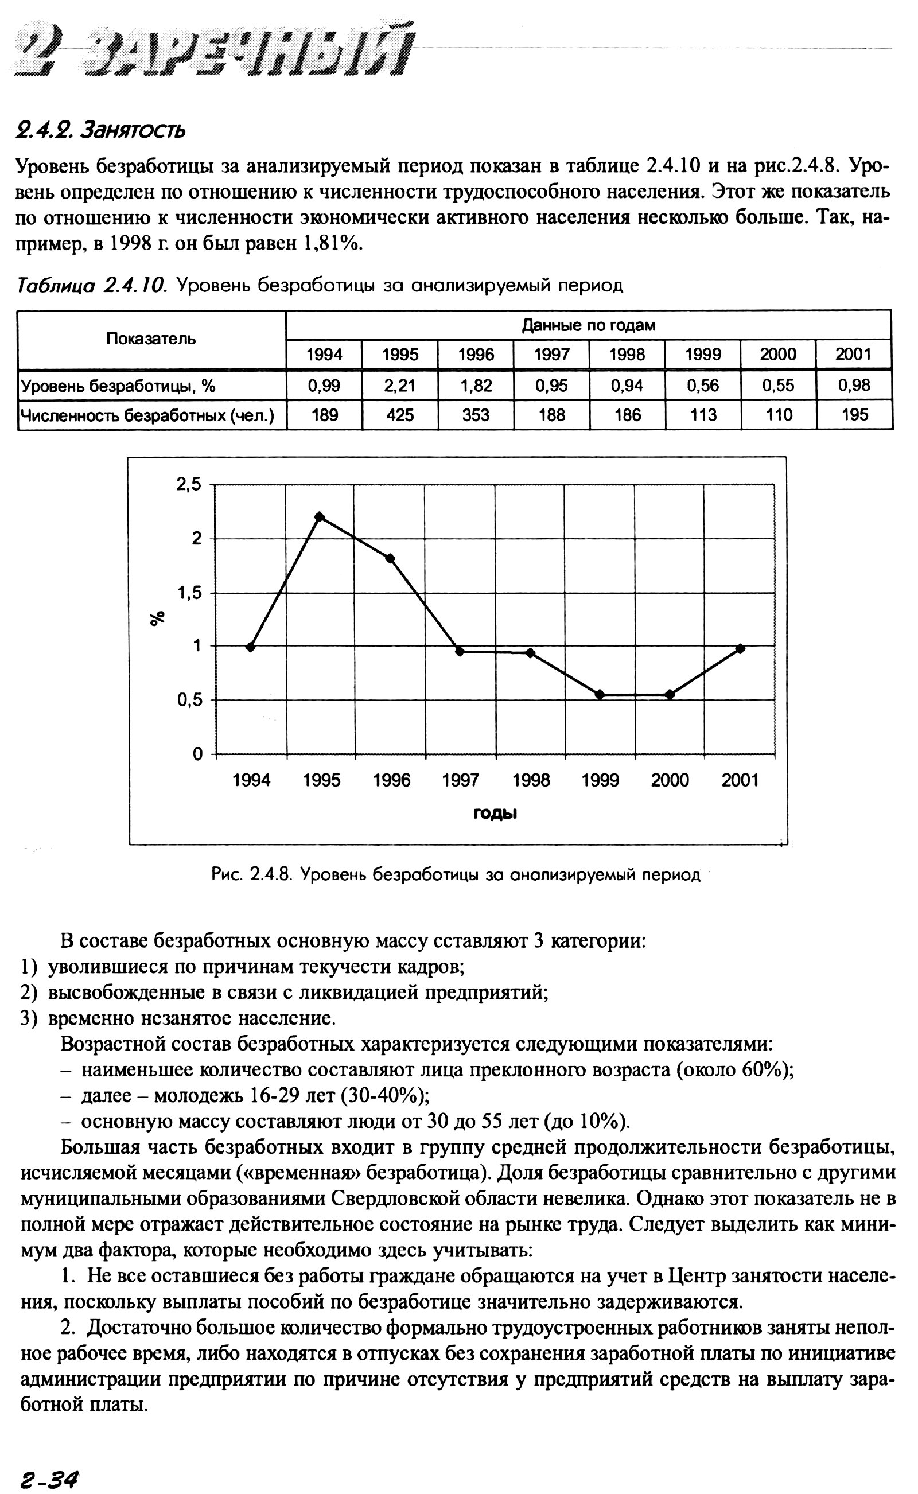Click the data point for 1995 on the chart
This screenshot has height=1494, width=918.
coord(320,516)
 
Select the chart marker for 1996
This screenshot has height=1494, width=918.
coord(390,558)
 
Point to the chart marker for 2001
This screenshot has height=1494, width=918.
coord(740,648)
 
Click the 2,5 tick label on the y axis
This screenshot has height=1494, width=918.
coord(188,484)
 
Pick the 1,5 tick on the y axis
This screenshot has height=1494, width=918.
coord(189,593)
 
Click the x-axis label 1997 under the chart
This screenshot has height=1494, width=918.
coord(461,780)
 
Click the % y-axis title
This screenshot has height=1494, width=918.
coord(158,618)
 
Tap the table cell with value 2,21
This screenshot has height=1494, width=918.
coord(400,386)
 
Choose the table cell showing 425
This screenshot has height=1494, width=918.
coord(400,415)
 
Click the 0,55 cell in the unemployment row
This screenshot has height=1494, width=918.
coord(779,386)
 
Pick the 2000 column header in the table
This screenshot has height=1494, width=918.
coord(779,355)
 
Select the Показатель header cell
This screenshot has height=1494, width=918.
coord(151,339)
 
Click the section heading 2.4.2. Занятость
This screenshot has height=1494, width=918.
coord(101,129)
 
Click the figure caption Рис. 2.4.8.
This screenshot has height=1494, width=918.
coord(456,875)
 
